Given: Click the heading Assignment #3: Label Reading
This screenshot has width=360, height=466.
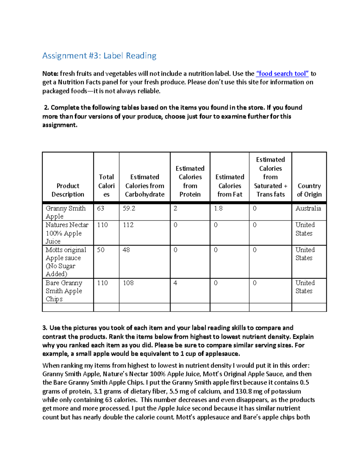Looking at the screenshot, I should pyautogui.click(x=99, y=56).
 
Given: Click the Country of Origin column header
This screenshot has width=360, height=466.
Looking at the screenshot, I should pyautogui.click(x=309, y=190).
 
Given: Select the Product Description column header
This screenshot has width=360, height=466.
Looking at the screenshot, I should pyautogui.click(x=68, y=190).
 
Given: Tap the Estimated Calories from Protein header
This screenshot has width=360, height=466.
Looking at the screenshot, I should pyautogui.click(x=190, y=181).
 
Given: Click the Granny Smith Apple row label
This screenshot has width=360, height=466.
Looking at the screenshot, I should pyautogui.click(x=65, y=212).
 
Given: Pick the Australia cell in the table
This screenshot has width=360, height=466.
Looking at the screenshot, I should pyautogui.click(x=308, y=208).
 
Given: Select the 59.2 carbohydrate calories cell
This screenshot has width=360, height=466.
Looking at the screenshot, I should pyautogui.click(x=129, y=208).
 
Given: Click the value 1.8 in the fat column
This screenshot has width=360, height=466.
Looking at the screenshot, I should pyautogui.click(x=218, y=208).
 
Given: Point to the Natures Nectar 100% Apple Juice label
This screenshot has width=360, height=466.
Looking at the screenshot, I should pyautogui.click(x=67, y=233).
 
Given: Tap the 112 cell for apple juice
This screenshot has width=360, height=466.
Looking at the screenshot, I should pyautogui.click(x=128, y=225).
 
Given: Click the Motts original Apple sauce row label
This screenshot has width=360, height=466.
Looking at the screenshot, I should pyautogui.click(x=66, y=262).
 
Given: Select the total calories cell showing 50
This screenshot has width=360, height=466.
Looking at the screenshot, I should pyautogui.click(x=100, y=250).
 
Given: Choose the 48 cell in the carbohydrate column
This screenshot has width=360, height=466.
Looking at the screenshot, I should pyautogui.click(x=126, y=250).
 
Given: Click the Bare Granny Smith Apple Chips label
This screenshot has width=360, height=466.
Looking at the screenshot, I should pyautogui.click(x=64, y=291).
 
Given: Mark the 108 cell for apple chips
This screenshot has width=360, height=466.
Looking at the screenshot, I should pyautogui.click(x=128, y=283).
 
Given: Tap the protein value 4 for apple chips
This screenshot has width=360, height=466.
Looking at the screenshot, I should pyautogui.click(x=175, y=283).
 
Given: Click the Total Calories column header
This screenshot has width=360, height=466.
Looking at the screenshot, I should pyautogui.click(x=106, y=185).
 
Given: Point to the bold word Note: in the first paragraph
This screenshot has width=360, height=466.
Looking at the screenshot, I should pyautogui.click(x=50, y=74).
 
